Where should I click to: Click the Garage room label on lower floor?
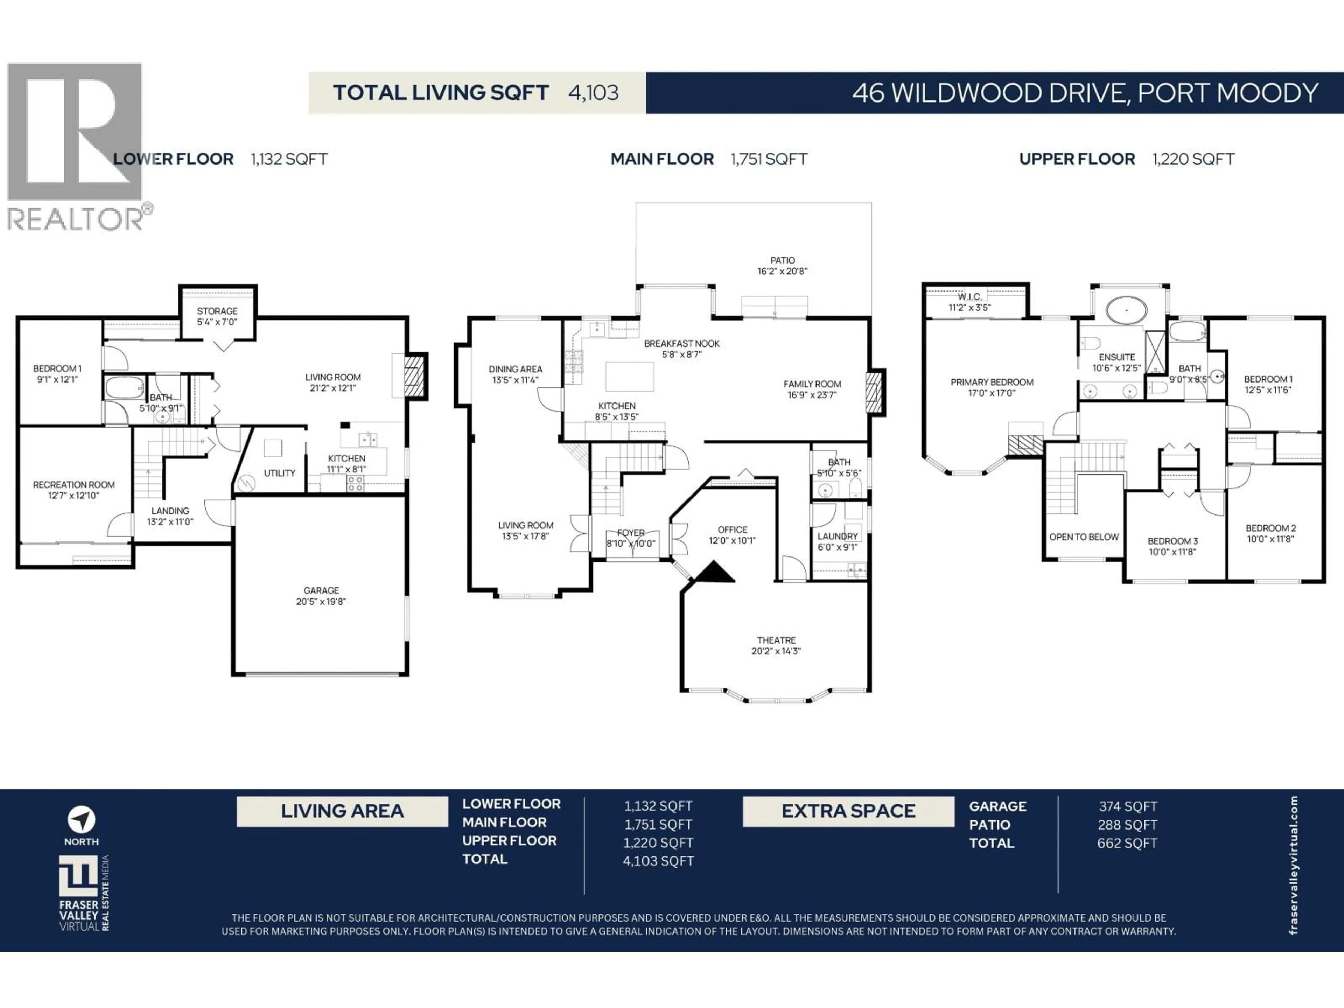tap(321, 595)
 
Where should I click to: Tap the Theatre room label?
tap(776, 645)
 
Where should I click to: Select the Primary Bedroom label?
tap(992, 387)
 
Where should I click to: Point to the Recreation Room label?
tap(73, 490)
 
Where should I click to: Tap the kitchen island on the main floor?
tap(629, 376)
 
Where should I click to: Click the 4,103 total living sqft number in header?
tap(593, 93)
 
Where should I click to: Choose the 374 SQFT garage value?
tap(1127, 806)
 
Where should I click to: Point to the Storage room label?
tap(217, 316)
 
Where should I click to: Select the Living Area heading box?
tap(342, 811)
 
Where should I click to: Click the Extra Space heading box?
tap(848, 811)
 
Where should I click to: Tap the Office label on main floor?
tap(732, 535)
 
